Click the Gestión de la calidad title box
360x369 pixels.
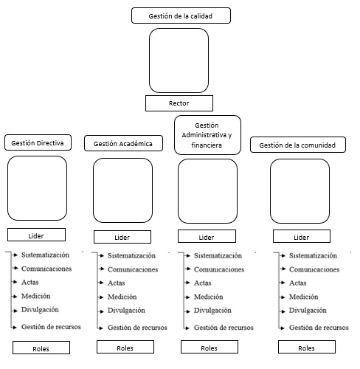[181, 15]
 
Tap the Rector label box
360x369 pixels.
[179, 103]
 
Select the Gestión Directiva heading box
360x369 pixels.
[38, 142]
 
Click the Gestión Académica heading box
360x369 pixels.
[123, 143]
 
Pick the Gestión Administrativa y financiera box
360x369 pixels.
[207, 135]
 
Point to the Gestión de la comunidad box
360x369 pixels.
[298, 145]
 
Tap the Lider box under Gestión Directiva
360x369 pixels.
[36, 235]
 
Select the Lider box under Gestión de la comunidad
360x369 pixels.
[302, 236]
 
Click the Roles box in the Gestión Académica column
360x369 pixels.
[125, 347]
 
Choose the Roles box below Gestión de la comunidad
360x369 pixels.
[307, 347]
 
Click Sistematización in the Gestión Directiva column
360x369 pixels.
[45, 255]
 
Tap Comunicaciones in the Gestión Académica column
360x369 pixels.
[133, 269]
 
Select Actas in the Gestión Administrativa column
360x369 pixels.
[203, 283]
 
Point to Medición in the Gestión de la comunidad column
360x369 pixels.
[303, 297]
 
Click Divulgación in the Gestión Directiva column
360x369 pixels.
[40, 310]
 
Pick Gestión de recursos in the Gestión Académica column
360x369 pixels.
[137, 328]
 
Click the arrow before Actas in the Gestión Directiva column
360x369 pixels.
[15, 282]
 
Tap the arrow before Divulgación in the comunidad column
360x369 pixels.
[283, 311]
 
